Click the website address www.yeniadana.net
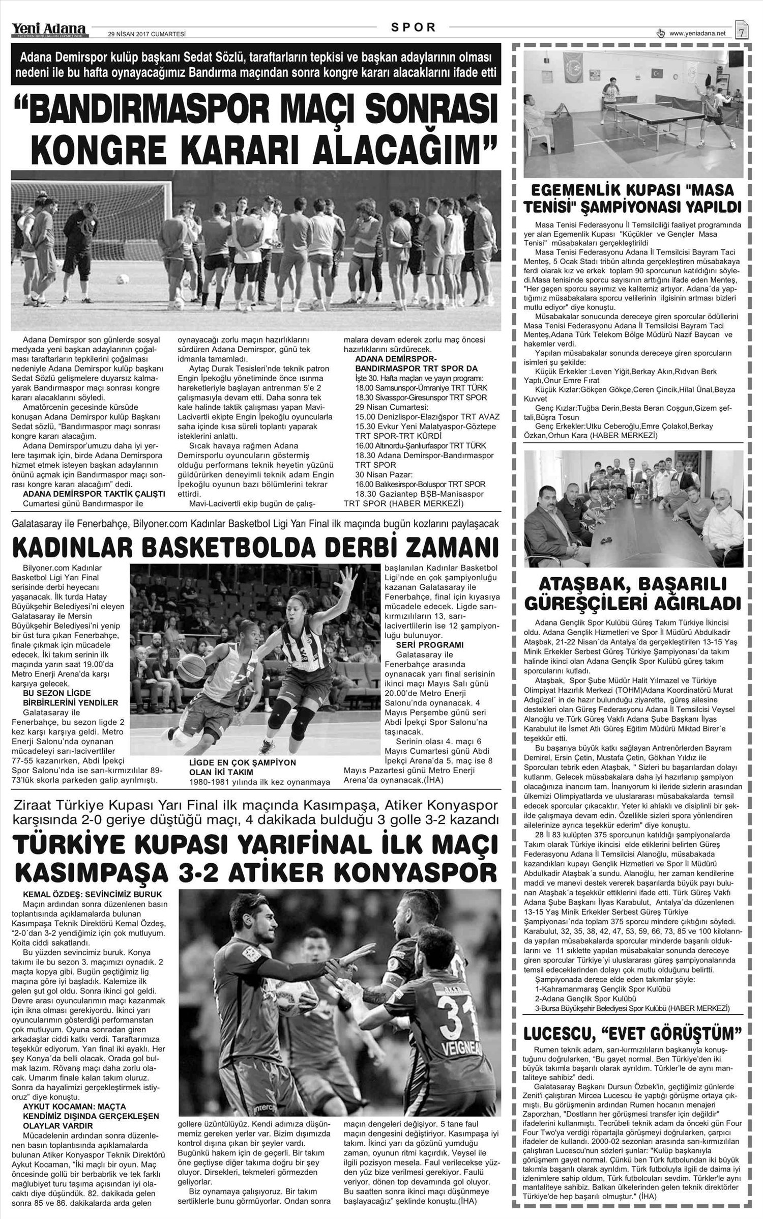pos(697,34)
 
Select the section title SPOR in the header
pos(414,28)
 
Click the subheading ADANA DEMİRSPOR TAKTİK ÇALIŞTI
pos(94,494)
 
